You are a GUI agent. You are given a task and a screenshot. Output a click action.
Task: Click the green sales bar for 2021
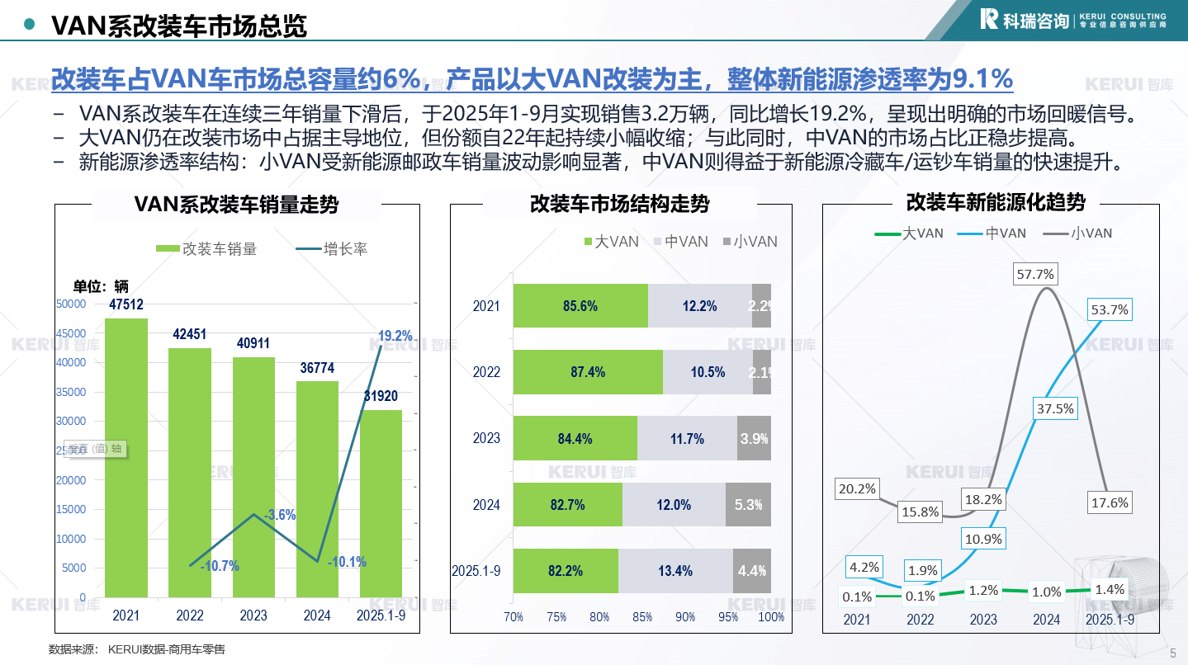point(126,457)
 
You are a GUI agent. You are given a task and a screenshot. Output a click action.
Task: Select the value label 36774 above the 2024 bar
point(317,368)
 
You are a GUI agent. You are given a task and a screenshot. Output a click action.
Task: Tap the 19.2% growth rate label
point(395,336)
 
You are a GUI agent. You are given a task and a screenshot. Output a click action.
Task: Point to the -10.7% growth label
point(220,566)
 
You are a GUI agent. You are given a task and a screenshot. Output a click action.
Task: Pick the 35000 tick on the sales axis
point(70,392)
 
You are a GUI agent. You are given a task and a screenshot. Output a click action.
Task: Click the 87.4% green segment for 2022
point(588,372)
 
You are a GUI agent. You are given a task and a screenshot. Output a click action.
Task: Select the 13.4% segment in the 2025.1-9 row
point(675,571)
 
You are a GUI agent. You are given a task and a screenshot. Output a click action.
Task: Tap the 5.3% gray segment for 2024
point(748,505)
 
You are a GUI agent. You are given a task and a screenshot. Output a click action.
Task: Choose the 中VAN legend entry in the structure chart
point(680,242)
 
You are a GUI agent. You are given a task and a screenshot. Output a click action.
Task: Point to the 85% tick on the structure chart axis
point(642,617)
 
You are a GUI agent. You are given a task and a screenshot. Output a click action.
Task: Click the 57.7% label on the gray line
point(1035,274)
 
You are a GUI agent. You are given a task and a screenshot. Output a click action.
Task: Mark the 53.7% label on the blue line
point(1109,309)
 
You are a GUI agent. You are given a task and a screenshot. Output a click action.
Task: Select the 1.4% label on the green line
point(1109,589)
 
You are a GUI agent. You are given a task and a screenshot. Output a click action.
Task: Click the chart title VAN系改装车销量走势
point(236,204)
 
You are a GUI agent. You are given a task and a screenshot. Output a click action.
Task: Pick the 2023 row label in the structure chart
point(486,438)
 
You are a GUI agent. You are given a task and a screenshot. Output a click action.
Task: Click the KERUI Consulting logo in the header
point(1072,20)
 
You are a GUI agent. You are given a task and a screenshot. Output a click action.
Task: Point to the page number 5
point(1173,653)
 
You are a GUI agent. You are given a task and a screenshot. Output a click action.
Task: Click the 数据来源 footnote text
point(137,649)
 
